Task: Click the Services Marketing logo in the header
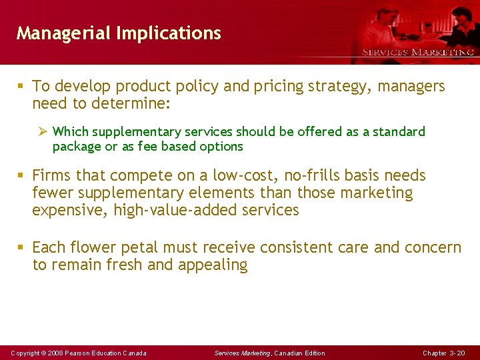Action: coord(417,52)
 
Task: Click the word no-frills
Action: coord(312,175)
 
